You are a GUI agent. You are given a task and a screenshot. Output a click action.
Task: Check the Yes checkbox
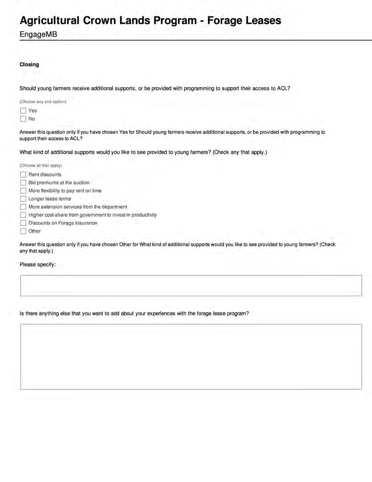(x=23, y=111)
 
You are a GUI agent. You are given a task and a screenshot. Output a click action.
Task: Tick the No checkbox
(x=23, y=119)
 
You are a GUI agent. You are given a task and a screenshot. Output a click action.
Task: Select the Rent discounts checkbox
(x=23, y=175)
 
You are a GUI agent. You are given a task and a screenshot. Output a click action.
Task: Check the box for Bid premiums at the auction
(x=23, y=183)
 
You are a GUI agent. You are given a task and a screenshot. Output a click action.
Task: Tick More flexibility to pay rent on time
(x=23, y=191)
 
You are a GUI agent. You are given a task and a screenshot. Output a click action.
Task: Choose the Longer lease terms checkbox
(x=23, y=199)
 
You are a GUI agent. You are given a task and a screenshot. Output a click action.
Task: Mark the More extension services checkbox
(x=23, y=207)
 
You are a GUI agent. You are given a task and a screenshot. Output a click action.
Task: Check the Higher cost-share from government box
(x=23, y=215)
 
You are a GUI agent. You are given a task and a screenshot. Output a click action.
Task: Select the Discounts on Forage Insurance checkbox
(x=23, y=223)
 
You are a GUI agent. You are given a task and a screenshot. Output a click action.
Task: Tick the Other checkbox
(x=23, y=231)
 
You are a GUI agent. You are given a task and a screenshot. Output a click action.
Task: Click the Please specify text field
(x=191, y=286)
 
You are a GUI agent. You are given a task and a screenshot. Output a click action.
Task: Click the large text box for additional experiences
(x=191, y=357)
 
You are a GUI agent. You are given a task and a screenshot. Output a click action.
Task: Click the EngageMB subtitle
(x=38, y=34)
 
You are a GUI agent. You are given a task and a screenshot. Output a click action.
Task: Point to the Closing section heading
(x=29, y=65)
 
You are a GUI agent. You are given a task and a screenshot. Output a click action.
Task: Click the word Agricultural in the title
(x=50, y=21)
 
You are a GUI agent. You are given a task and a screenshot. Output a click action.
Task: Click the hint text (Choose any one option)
(x=43, y=102)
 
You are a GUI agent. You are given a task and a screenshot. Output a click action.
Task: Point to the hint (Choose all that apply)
(x=41, y=166)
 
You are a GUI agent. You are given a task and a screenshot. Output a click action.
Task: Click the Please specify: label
(x=38, y=265)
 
